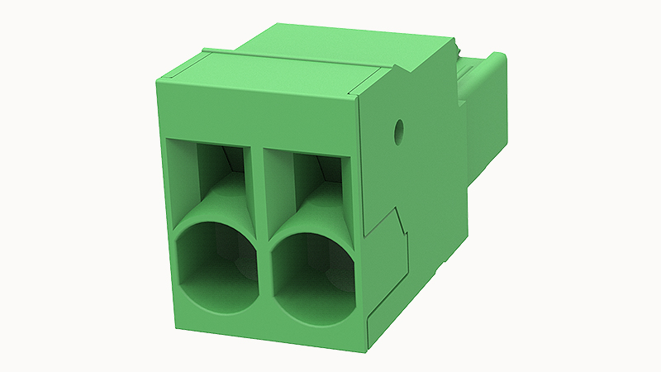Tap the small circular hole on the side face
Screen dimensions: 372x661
pyautogui.click(x=399, y=129)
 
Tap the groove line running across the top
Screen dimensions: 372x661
pyautogui.click(x=289, y=61)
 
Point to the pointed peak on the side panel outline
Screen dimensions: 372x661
pyautogui.click(x=397, y=210)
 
